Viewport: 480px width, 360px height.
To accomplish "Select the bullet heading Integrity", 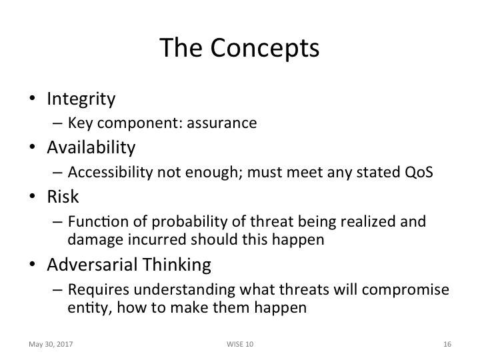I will tap(81, 99).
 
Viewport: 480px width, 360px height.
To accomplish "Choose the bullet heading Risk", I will tap(63, 196).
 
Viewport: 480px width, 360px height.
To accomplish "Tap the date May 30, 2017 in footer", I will tap(51, 344).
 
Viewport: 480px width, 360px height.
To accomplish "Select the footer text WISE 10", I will tap(240, 344).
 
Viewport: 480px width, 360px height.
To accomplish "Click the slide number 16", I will tap(447, 344).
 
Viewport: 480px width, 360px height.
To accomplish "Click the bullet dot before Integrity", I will tap(32, 100).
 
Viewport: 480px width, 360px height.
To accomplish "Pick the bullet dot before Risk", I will tap(32, 197).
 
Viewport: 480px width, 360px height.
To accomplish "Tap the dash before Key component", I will tap(57, 123).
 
